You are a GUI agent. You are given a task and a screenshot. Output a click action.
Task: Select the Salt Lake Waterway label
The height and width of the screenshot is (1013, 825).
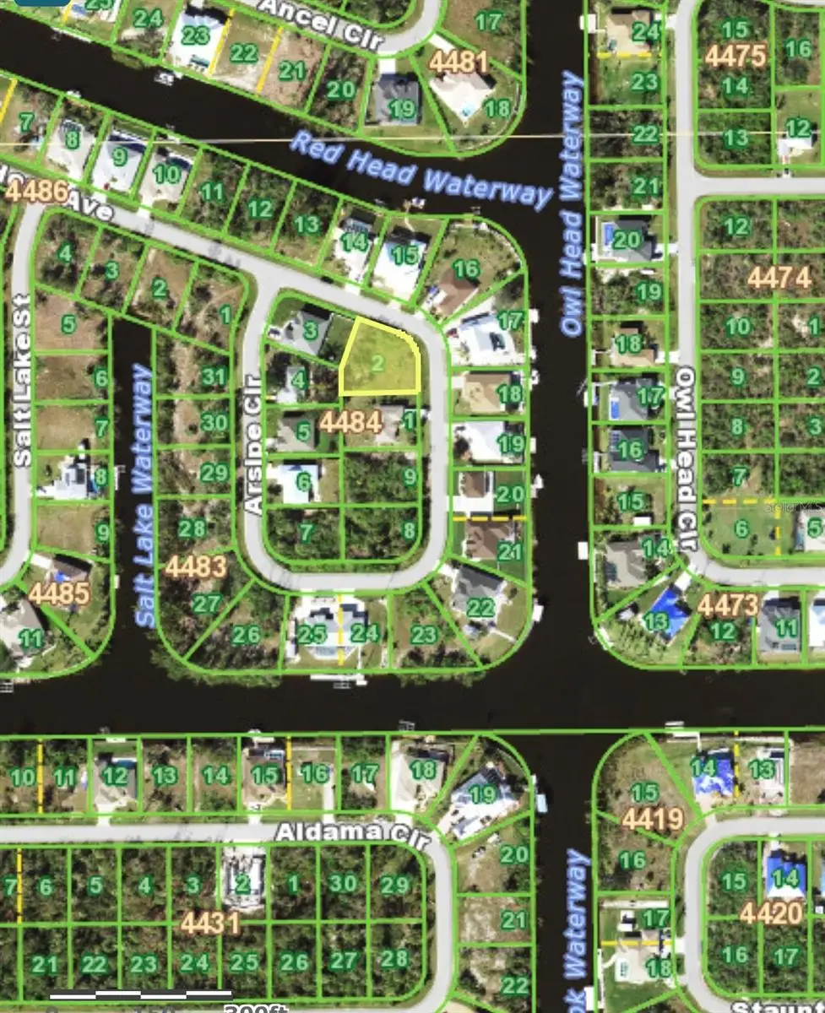[144, 496]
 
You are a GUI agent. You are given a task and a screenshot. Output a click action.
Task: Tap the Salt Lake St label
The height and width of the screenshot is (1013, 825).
[22, 380]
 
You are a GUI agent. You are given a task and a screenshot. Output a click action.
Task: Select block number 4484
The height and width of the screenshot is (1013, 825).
[350, 421]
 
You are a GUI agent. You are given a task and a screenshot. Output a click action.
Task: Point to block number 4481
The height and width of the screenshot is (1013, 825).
[459, 62]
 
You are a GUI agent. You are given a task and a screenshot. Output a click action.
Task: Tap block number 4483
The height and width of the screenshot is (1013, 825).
[195, 566]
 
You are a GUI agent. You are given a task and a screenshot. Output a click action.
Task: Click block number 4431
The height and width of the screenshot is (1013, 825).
[210, 924]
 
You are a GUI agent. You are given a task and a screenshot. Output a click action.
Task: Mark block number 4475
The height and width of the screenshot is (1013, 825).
[735, 56]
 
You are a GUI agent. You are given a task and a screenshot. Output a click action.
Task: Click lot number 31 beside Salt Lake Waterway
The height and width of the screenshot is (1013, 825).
[214, 376]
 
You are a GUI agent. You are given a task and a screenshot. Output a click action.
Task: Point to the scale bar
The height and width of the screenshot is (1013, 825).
[139, 996]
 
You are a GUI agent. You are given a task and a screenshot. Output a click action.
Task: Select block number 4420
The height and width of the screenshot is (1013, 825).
[770, 913]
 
